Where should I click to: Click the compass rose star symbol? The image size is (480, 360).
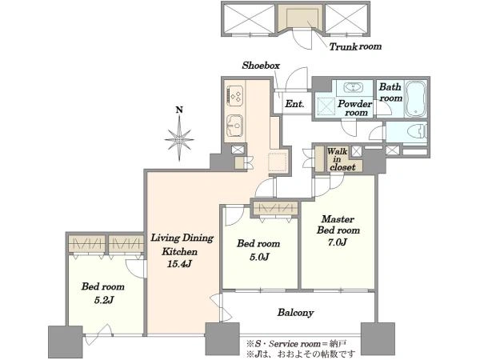coord(179,139)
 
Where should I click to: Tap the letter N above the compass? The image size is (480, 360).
coord(179,110)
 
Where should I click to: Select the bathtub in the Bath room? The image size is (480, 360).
coord(415,99)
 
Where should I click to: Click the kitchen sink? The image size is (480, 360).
coord(235,125)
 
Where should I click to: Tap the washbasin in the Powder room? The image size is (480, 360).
coord(354,87)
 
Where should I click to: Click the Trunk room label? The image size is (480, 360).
coord(355,46)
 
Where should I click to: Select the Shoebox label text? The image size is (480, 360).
coord(261,66)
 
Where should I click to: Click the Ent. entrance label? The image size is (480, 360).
coord(294,104)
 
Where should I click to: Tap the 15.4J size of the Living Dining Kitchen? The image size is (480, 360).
coord(180,263)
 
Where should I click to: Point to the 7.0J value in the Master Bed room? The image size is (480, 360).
coord(338,242)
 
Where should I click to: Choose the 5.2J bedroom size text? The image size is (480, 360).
coord(104,300)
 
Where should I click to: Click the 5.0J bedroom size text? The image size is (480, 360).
coord(259,257)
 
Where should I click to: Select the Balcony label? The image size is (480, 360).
coord(295,313)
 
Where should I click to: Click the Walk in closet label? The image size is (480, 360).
coord(342,159)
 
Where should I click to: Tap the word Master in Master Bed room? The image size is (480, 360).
coord(338,219)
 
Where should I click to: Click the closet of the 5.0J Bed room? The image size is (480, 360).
coord(274,209)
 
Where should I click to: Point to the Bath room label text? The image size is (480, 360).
coord(390,93)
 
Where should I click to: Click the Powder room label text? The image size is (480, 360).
coord(355,108)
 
